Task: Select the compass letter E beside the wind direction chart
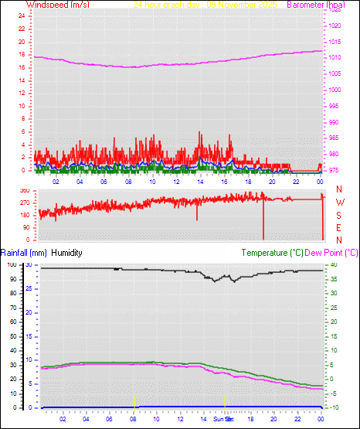point(340,227)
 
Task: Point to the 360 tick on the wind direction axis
point(24,190)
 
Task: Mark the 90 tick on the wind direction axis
point(25,227)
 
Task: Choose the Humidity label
point(66,253)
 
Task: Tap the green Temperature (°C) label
point(272,253)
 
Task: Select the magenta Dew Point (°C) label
point(332,253)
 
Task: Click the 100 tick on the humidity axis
point(12,264)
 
